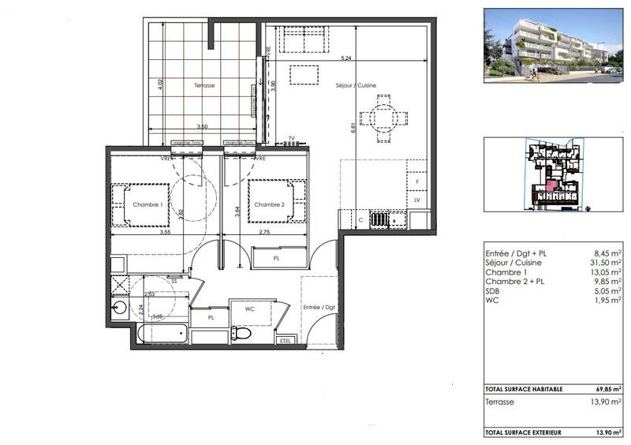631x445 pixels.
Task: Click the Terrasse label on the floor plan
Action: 204,85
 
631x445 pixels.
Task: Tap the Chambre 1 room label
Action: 147,205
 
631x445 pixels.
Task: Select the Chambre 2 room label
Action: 269,205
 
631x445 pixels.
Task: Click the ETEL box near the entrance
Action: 286,340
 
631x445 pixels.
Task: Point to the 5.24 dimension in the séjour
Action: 345,59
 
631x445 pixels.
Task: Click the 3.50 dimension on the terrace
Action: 202,126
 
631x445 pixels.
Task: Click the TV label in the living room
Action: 291,138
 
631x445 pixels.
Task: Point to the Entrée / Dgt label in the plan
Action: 319,307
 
